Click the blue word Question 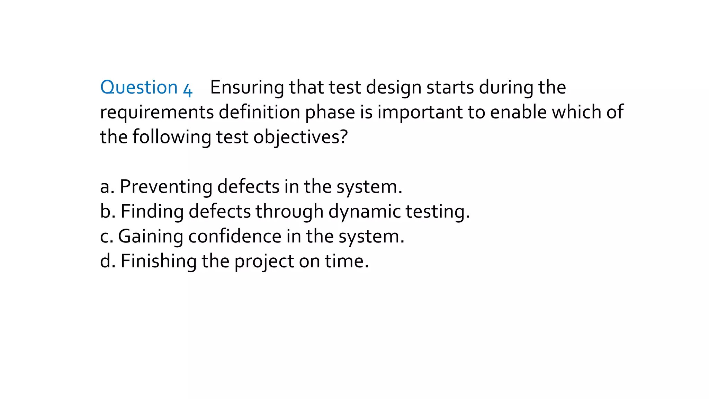(x=139, y=87)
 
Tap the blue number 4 (x=187, y=90)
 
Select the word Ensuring (x=247, y=88)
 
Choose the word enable (x=518, y=112)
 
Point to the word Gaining (x=151, y=237)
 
